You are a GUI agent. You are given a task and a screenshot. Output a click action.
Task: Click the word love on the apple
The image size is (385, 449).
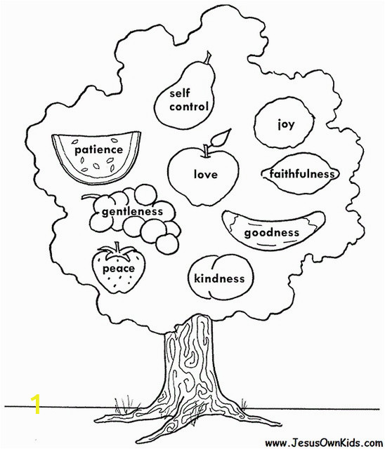click(x=206, y=174)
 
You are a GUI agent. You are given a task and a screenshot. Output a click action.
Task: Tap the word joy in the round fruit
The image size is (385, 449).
click(x=286, y=125)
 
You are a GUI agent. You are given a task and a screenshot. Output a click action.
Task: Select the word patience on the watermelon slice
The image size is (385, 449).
click(x=99, y=150)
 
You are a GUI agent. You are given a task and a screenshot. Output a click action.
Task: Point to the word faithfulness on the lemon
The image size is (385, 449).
click(x=302, y=173)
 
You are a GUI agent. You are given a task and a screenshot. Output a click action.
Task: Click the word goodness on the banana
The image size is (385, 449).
click(x=271, y=232)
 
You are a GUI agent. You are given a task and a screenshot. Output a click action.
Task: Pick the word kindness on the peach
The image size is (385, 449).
click(x=219, y=279)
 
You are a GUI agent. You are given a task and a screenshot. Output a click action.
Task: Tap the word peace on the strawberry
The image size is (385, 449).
click(x=119, y=269)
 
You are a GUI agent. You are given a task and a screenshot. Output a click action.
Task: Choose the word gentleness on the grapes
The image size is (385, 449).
click(x=133, y=212)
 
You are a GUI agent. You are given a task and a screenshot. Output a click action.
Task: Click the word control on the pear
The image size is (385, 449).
click(x=188, y=107)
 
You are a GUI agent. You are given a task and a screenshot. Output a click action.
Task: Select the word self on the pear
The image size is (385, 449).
click(x=179, y=93)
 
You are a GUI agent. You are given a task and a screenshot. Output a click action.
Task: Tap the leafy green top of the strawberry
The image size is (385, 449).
click(x=117, y=250)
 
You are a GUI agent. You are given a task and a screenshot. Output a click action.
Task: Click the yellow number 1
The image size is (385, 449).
click(x=36, y=404)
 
